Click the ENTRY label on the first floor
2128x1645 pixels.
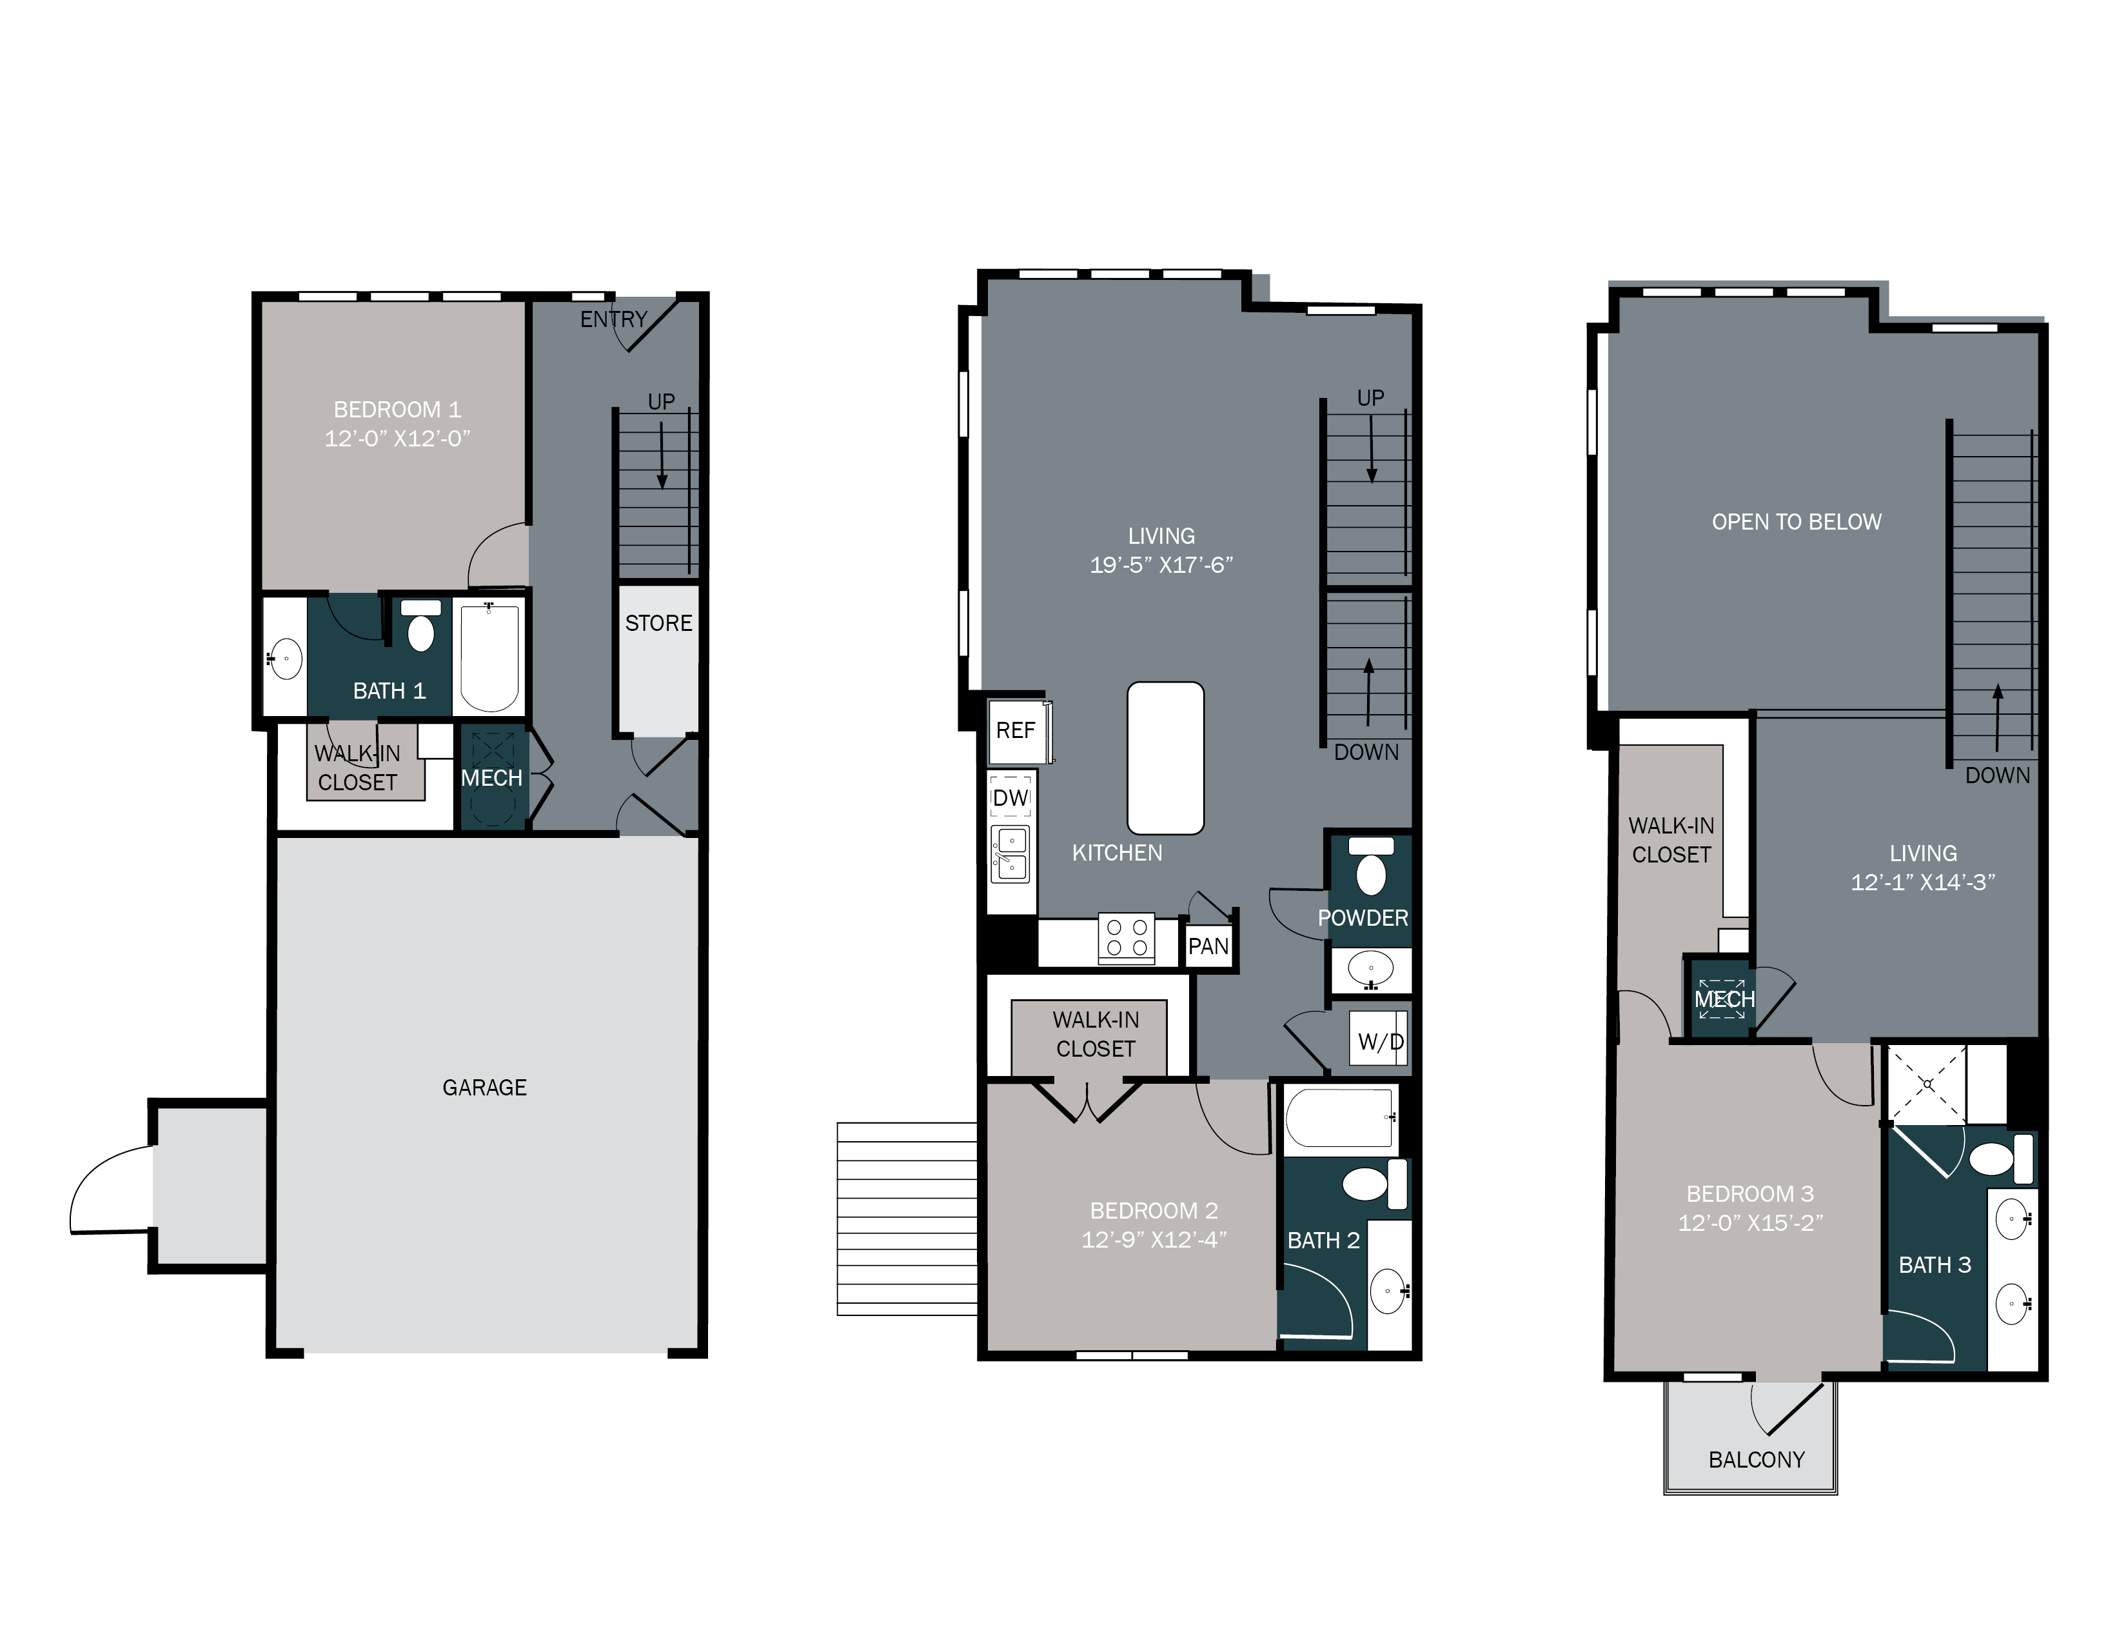point(613,319)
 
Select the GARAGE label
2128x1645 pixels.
point(484,1088)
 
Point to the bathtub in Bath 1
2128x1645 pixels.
point(489,658)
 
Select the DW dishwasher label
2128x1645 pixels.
point(1010,798)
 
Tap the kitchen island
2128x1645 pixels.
point(1165,758)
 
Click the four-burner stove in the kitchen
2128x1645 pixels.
point(1127,939)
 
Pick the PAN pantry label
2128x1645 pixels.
point(1208,946)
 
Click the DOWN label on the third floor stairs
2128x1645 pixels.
point(1996,775)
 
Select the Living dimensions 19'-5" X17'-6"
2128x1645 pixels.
point(1161,565)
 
